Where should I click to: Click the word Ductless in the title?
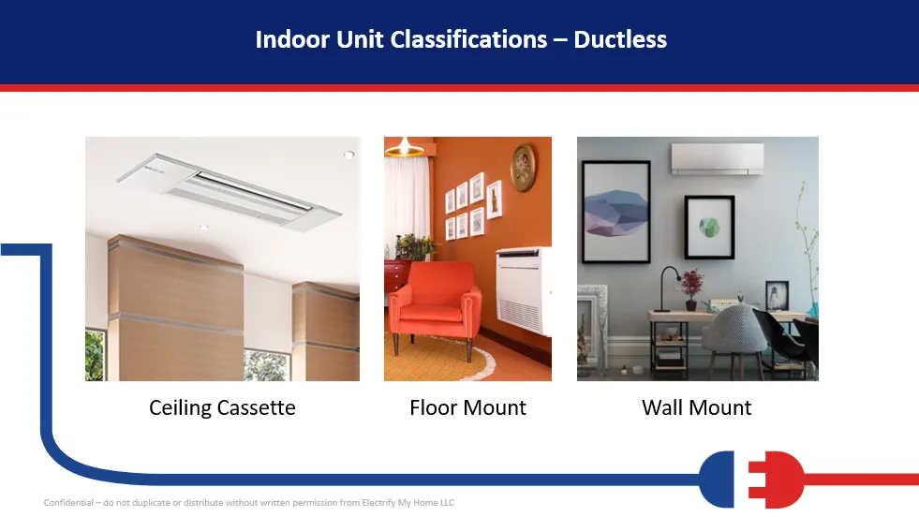[620, 39]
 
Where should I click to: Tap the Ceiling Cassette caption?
[222, 407]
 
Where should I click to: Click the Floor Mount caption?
[467, 407]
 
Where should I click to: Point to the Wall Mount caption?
[696, 407]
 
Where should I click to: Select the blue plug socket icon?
[717, 480]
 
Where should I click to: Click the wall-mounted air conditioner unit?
[718, 158]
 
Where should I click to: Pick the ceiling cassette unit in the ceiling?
[229, 189]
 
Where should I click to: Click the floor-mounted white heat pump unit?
[524, 290]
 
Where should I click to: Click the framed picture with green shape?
[709, 228]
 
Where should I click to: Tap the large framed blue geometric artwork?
[616, 212]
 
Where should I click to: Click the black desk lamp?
[668, 288]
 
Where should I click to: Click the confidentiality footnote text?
[249, 502]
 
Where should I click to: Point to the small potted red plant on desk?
[691, 288]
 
